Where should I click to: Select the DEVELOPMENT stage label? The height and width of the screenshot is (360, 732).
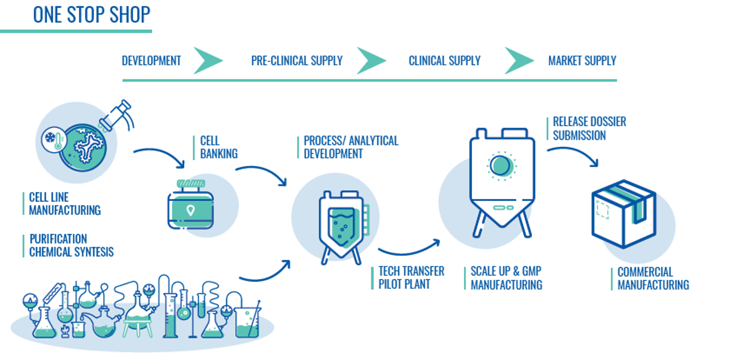click(151, 61)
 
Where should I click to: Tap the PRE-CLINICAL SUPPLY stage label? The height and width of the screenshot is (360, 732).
click(297, 61)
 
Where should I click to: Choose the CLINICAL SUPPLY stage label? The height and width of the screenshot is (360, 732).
click(444, 61)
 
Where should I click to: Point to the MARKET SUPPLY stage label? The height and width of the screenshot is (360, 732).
click(582, 61)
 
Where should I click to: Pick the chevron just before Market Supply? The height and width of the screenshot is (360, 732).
click(518, 61)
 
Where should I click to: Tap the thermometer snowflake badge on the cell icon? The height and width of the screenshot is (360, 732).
click(54, 139)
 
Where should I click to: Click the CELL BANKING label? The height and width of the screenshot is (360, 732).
click(219, 147)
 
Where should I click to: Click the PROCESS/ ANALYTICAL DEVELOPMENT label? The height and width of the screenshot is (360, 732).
click(351, 147)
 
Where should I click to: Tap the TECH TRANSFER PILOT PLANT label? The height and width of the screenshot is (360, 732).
click(411, 278)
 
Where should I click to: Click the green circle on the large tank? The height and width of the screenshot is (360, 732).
click(500, 166)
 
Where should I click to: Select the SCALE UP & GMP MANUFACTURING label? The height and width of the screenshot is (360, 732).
click(506, 278)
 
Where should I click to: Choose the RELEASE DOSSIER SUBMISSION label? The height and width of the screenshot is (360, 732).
click(589, 129)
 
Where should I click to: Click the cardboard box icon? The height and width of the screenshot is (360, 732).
click(624, 214)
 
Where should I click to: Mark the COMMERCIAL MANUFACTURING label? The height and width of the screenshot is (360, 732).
click(653, 279)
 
